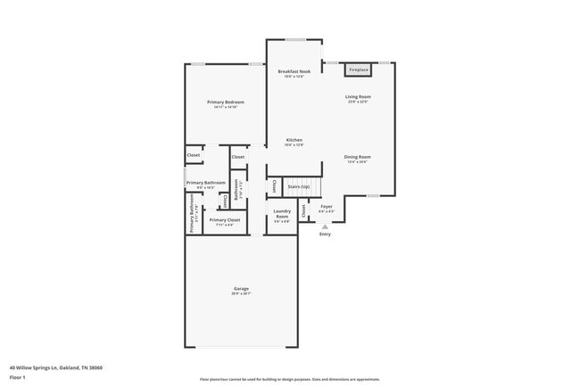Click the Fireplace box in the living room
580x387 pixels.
(359, 69)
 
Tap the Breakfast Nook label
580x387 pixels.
(294, 71)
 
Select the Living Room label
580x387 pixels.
(358, 96)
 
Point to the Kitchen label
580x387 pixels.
(294, 140)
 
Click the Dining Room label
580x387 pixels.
(357, 157)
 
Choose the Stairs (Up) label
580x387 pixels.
(299, 186)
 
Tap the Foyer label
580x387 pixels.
(327, 207)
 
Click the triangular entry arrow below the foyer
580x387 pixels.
(325, 226)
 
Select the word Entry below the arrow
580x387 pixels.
(325, 235)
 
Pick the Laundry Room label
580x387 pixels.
(281, 215)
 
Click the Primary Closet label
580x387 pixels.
(224, 219)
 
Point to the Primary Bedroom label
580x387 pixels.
(225, 103)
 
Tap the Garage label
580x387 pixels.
(241, 289)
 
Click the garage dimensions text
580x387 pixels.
(241, 294)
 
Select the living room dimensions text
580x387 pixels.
(358, 102)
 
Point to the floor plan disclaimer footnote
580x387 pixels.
(290, 379)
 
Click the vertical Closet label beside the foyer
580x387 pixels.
(303, 210)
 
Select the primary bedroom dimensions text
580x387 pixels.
(225, 108)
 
